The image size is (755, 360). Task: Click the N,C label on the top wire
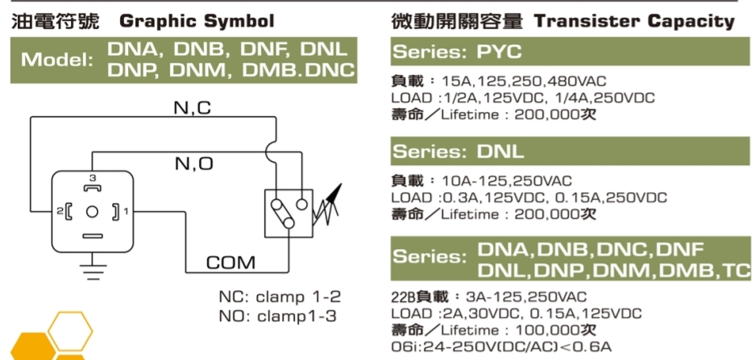coord(192,108)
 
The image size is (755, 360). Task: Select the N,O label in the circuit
coord(193,163)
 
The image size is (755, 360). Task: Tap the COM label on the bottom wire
coord(230,263)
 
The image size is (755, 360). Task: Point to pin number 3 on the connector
coord(93,178)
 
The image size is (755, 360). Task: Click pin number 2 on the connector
coord(60,212)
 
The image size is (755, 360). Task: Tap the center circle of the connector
coord(93,212)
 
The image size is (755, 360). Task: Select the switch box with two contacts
coord(288,213)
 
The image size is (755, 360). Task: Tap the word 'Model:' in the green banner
coord(58,60)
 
